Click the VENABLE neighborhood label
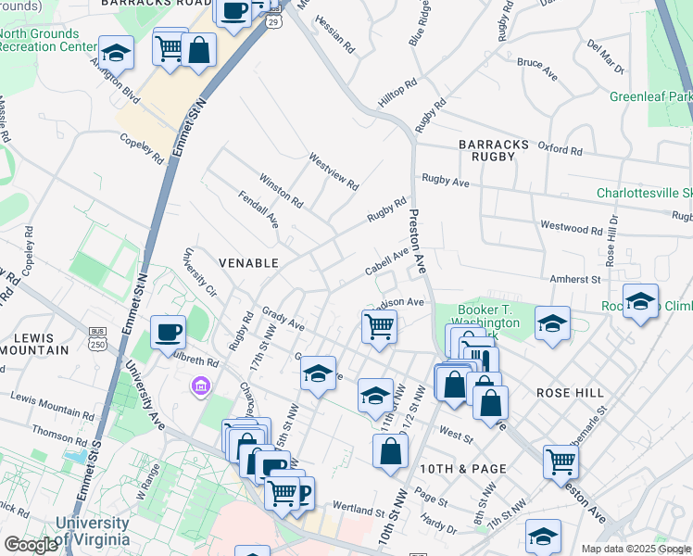[x=248, y=263]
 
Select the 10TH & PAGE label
[x=462, y=469]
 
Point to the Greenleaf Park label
[x=651, y=96]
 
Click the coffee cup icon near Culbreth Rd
[x=168, y=332]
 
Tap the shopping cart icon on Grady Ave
[x=379, y=326]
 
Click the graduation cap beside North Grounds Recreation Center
[x=117, y=52]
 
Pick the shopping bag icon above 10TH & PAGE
[x=391, y=451]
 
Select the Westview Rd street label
[x=334, y=171]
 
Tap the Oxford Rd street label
[x=560, y=149]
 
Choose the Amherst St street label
[x=577, y=278]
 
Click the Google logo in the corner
[x=31, y=544]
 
